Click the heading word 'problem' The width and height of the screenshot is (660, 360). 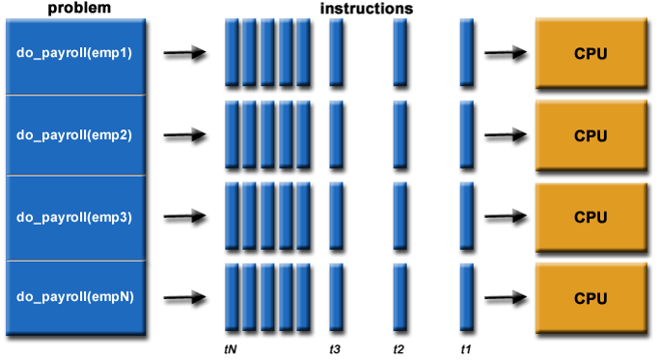tap(74, 8)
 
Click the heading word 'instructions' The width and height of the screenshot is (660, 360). tap(368, 8)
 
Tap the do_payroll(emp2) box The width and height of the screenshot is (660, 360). tap(74, 135)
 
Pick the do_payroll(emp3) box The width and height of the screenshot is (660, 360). tap(74, 217)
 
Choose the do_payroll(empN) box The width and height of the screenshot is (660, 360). tap(74, 297)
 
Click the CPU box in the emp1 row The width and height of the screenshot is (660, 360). tap(591, 53)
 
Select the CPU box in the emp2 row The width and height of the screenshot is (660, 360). tap(591, 135)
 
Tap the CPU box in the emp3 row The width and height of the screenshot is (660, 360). tap(591, 217)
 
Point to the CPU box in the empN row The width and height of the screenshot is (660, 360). tap(591, 298)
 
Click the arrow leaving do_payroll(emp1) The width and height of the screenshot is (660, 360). tap(184, 54)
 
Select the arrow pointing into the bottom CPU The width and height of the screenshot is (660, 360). tap(505, 299)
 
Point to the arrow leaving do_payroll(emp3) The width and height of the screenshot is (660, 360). tap(184, 218)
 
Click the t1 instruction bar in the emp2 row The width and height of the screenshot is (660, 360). tap(466, 135)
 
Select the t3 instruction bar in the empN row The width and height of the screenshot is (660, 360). tap(336, 298)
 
